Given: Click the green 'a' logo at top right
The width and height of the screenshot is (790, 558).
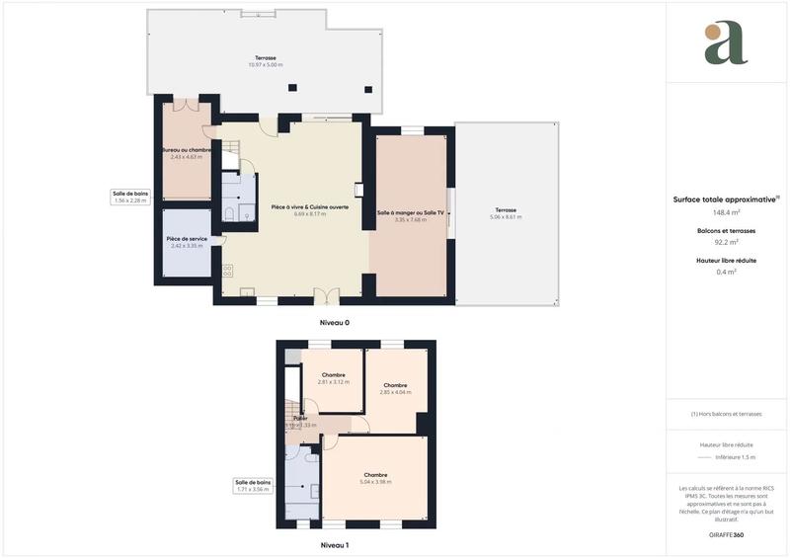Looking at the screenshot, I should pos(726,42).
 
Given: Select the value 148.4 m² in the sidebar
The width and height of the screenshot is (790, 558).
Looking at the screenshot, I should pos(727,211).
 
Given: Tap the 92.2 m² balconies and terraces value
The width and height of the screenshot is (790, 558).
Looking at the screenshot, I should pos(727,242).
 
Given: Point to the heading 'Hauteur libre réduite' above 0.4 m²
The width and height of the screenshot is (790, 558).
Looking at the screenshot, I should pos(727,260).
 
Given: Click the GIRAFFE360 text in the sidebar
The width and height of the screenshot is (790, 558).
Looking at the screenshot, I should pos(727,533).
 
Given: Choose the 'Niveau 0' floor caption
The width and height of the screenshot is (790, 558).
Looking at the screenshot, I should pos(334,323).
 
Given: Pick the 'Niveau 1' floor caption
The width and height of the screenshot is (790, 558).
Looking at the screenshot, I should pos(334,545).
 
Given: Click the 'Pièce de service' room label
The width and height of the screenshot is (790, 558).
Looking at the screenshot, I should pos(186,239).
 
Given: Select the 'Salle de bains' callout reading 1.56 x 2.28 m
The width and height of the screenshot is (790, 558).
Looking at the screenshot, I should pos(129,197).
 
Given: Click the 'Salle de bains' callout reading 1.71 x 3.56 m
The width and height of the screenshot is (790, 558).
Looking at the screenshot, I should pos(253,485).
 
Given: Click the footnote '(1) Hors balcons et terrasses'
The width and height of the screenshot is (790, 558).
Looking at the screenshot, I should pos(727,414).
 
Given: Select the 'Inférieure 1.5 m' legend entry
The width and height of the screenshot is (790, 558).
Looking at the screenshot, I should pos(736,457).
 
